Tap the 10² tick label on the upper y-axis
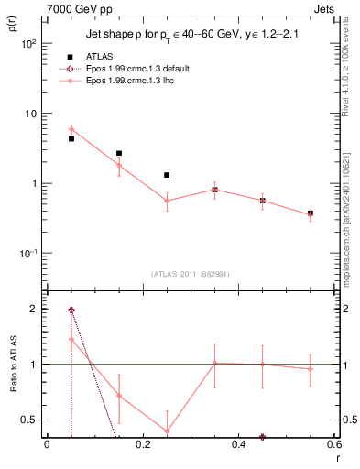[x=27, y=44]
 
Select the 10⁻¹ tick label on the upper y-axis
[x=27, y=254]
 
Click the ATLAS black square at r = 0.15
[x=119, y=153]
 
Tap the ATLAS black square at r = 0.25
[x=167, y=175]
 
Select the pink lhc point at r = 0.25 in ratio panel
[x=167, y=431]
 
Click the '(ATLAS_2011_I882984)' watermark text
[x=190, y=274]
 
